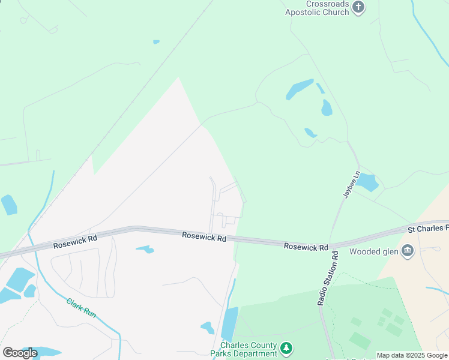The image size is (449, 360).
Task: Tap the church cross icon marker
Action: point(358,8)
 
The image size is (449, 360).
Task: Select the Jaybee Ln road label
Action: point(350,184)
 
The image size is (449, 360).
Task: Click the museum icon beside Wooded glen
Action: point(408,250)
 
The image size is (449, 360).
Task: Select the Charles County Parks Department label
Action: point(249,349)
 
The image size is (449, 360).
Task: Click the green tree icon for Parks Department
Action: point(287,348)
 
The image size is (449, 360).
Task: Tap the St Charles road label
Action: point(428,229)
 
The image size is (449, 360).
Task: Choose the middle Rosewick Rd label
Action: point(204,238)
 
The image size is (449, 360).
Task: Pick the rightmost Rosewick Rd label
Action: point(306,247)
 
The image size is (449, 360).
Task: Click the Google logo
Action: point(20,352)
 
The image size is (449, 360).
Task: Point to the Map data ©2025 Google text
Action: point(412,356)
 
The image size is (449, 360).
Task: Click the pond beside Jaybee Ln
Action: point(366,182)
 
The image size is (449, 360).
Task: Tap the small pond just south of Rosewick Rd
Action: point(145,249)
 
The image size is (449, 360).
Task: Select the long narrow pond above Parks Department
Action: point(229,323)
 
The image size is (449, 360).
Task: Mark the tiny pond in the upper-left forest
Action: point(156,42)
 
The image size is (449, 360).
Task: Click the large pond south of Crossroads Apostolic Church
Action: point(299,89)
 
